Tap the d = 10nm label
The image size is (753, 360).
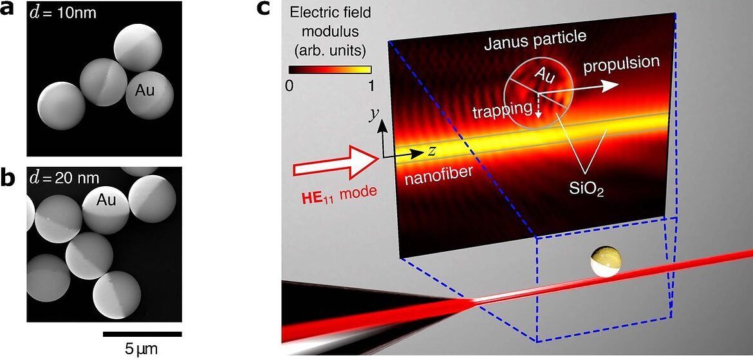click(62, 11)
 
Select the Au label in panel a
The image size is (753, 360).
click(145, 91)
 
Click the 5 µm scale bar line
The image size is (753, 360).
click(142, 334)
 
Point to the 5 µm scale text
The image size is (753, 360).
click(142, 349)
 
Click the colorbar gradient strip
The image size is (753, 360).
click(330, 70)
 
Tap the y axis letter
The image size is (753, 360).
click(373, 113)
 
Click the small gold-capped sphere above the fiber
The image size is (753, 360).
click(606, 261)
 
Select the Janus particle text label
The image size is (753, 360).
click(536, 37)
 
